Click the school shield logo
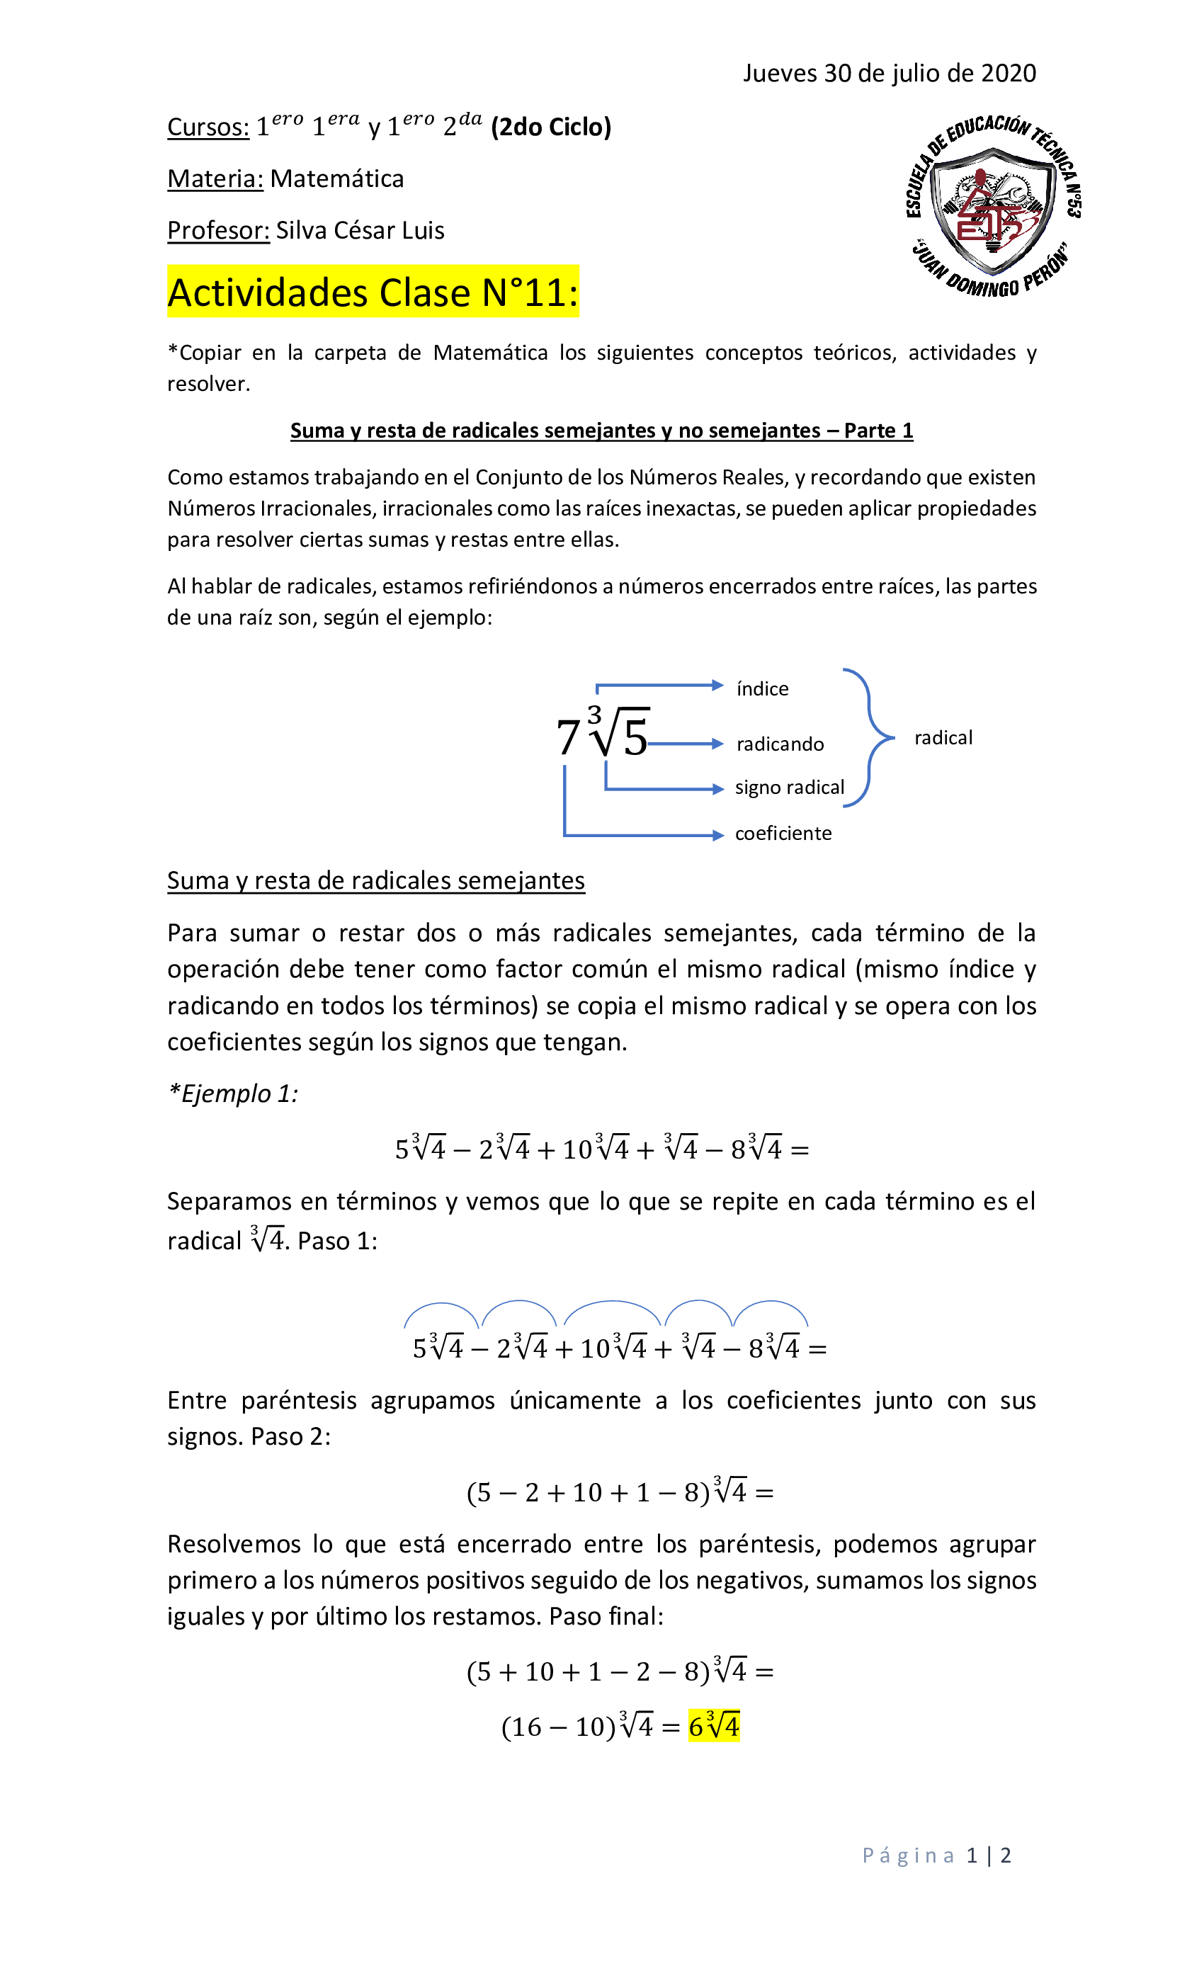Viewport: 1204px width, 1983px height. [x=993, y=207]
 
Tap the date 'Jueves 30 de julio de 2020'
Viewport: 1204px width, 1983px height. [x=889, y=73]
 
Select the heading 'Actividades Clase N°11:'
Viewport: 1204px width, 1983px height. [x=373, y=292]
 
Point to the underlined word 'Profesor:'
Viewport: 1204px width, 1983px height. [x=218, y=231]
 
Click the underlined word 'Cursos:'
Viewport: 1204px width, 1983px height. [x=208, y=127]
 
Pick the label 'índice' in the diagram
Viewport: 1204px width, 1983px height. [x=762, y=689]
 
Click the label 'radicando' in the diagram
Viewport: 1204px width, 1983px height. [x=780, y=744]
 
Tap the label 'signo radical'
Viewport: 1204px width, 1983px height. [x=789, y=787]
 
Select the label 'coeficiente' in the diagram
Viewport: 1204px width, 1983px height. [x=783, y=833]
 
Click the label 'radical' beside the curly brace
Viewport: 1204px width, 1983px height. [x=943, y=737]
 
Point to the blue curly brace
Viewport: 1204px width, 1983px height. [x=868, y=737]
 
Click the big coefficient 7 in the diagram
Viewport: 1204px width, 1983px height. [x=567, y=737]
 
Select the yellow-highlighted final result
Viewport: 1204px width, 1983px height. [x=713, y=1727]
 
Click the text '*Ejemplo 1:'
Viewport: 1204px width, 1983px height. [x=232, y=1093]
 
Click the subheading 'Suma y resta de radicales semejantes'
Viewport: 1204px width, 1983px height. [x=376, y=880]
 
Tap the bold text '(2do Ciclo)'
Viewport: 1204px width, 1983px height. [x=551, y=127]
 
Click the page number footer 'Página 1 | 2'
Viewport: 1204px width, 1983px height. [x=936, y=1856]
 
